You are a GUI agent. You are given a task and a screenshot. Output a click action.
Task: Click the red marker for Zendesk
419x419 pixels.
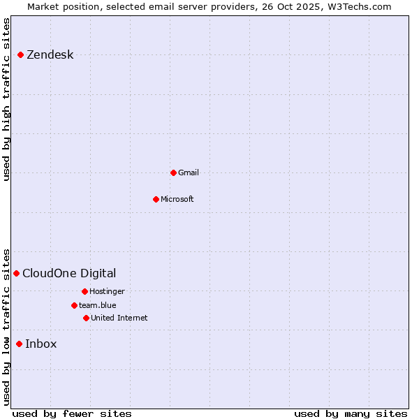[x=20, y=54]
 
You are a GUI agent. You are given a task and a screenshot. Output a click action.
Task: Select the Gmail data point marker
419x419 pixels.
[x=173, y=172]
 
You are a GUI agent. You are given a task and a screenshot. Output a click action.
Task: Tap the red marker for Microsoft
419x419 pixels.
[x=156, y=199]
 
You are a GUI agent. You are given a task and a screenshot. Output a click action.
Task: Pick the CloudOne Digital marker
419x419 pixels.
[x=16, y=273]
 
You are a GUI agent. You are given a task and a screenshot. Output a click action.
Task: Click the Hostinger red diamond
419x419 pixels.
[x=84, y=291]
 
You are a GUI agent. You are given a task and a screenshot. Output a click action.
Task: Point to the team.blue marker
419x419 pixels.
[x=74, y=305]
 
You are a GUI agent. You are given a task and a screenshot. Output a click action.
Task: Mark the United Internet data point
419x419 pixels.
[x=86, y=318]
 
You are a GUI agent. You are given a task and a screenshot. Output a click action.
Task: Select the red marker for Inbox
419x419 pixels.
[x=19, y=344]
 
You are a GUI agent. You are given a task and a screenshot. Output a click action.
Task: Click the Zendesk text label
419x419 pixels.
[x=50, y=55]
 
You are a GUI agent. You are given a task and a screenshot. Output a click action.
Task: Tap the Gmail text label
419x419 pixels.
[x=189, y=172]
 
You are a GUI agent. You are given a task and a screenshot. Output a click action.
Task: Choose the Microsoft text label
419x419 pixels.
[x=177, y=199]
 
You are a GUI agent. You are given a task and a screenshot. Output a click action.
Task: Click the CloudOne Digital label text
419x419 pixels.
[x=69, y=273]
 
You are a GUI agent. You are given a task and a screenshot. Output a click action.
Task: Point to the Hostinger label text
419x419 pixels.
[x=107, y=291]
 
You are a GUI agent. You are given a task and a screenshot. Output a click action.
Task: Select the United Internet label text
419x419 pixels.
[x=119, y=318]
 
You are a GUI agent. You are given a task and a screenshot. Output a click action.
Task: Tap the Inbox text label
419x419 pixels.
[x=41, y=344]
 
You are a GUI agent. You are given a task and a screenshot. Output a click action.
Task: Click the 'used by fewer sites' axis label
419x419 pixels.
[x=72, y=413]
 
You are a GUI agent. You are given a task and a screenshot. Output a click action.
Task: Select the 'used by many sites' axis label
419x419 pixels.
[x=351, y=413]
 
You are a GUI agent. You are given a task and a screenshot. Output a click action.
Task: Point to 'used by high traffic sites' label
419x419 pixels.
[x=6, y=99]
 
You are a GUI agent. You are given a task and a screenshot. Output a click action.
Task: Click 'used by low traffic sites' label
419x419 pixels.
[x=6, y=327]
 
